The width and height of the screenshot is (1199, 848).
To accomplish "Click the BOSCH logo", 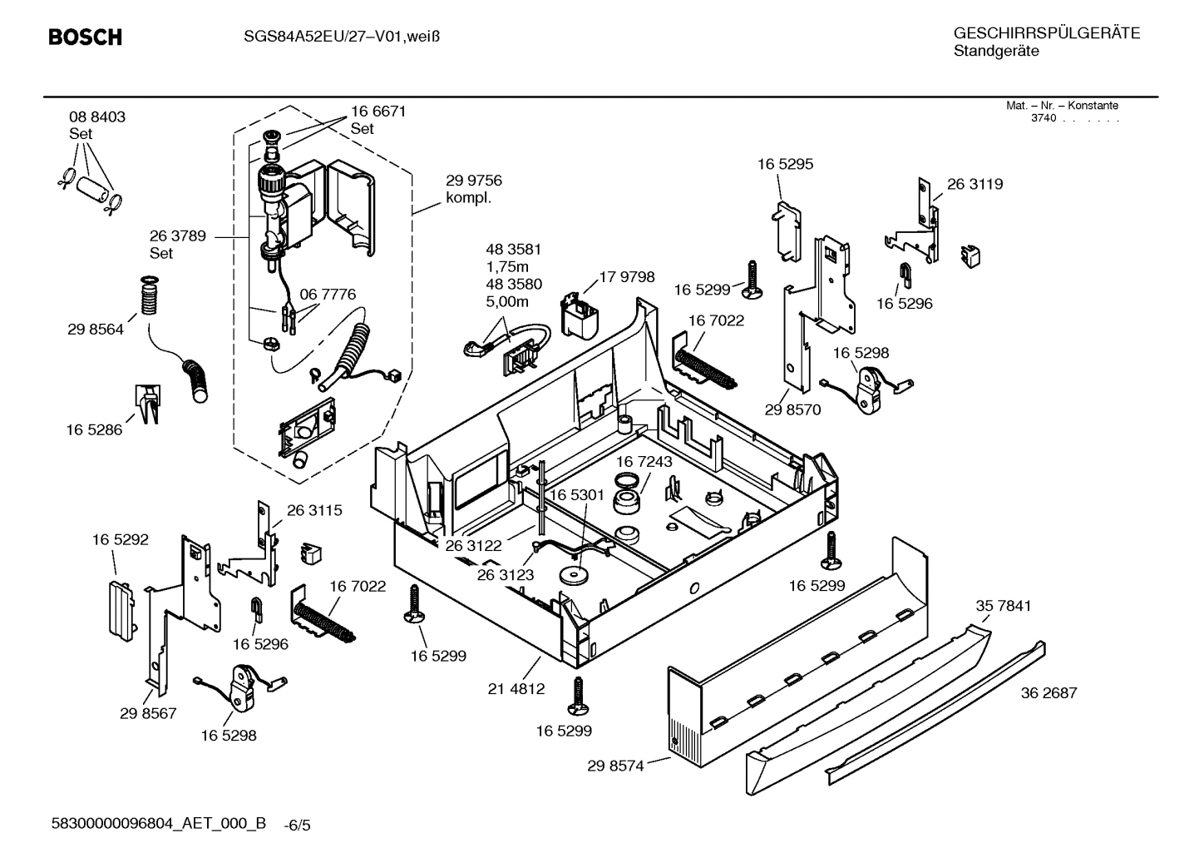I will [85, 37].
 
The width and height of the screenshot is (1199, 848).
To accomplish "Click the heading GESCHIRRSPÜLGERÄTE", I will [1046, 33].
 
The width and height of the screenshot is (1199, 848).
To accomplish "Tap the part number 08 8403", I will [97, 117].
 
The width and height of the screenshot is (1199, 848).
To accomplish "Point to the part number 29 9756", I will [474, 181].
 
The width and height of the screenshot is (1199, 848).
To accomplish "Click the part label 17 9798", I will [627, 277].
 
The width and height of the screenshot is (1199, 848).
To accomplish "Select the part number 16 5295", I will [785, 164].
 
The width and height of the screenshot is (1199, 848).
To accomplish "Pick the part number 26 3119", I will [974, 185].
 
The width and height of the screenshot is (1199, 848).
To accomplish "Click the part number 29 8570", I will [792, 409].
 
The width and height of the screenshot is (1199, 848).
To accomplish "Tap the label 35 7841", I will [1003, 606].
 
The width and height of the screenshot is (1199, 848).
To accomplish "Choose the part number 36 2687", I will [1049, 692].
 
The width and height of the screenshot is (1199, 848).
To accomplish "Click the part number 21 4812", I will [516, 688].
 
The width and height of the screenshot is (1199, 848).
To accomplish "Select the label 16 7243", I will [644, 461].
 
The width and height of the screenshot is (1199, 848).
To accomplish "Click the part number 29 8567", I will [148, 713].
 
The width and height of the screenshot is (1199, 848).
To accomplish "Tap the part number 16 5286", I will [94, 429].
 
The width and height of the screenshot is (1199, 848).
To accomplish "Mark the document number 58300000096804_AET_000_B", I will [159, 824].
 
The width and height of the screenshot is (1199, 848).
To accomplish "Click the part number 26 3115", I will [314, 510].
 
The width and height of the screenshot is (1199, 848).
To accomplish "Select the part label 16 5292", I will [121, 539].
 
